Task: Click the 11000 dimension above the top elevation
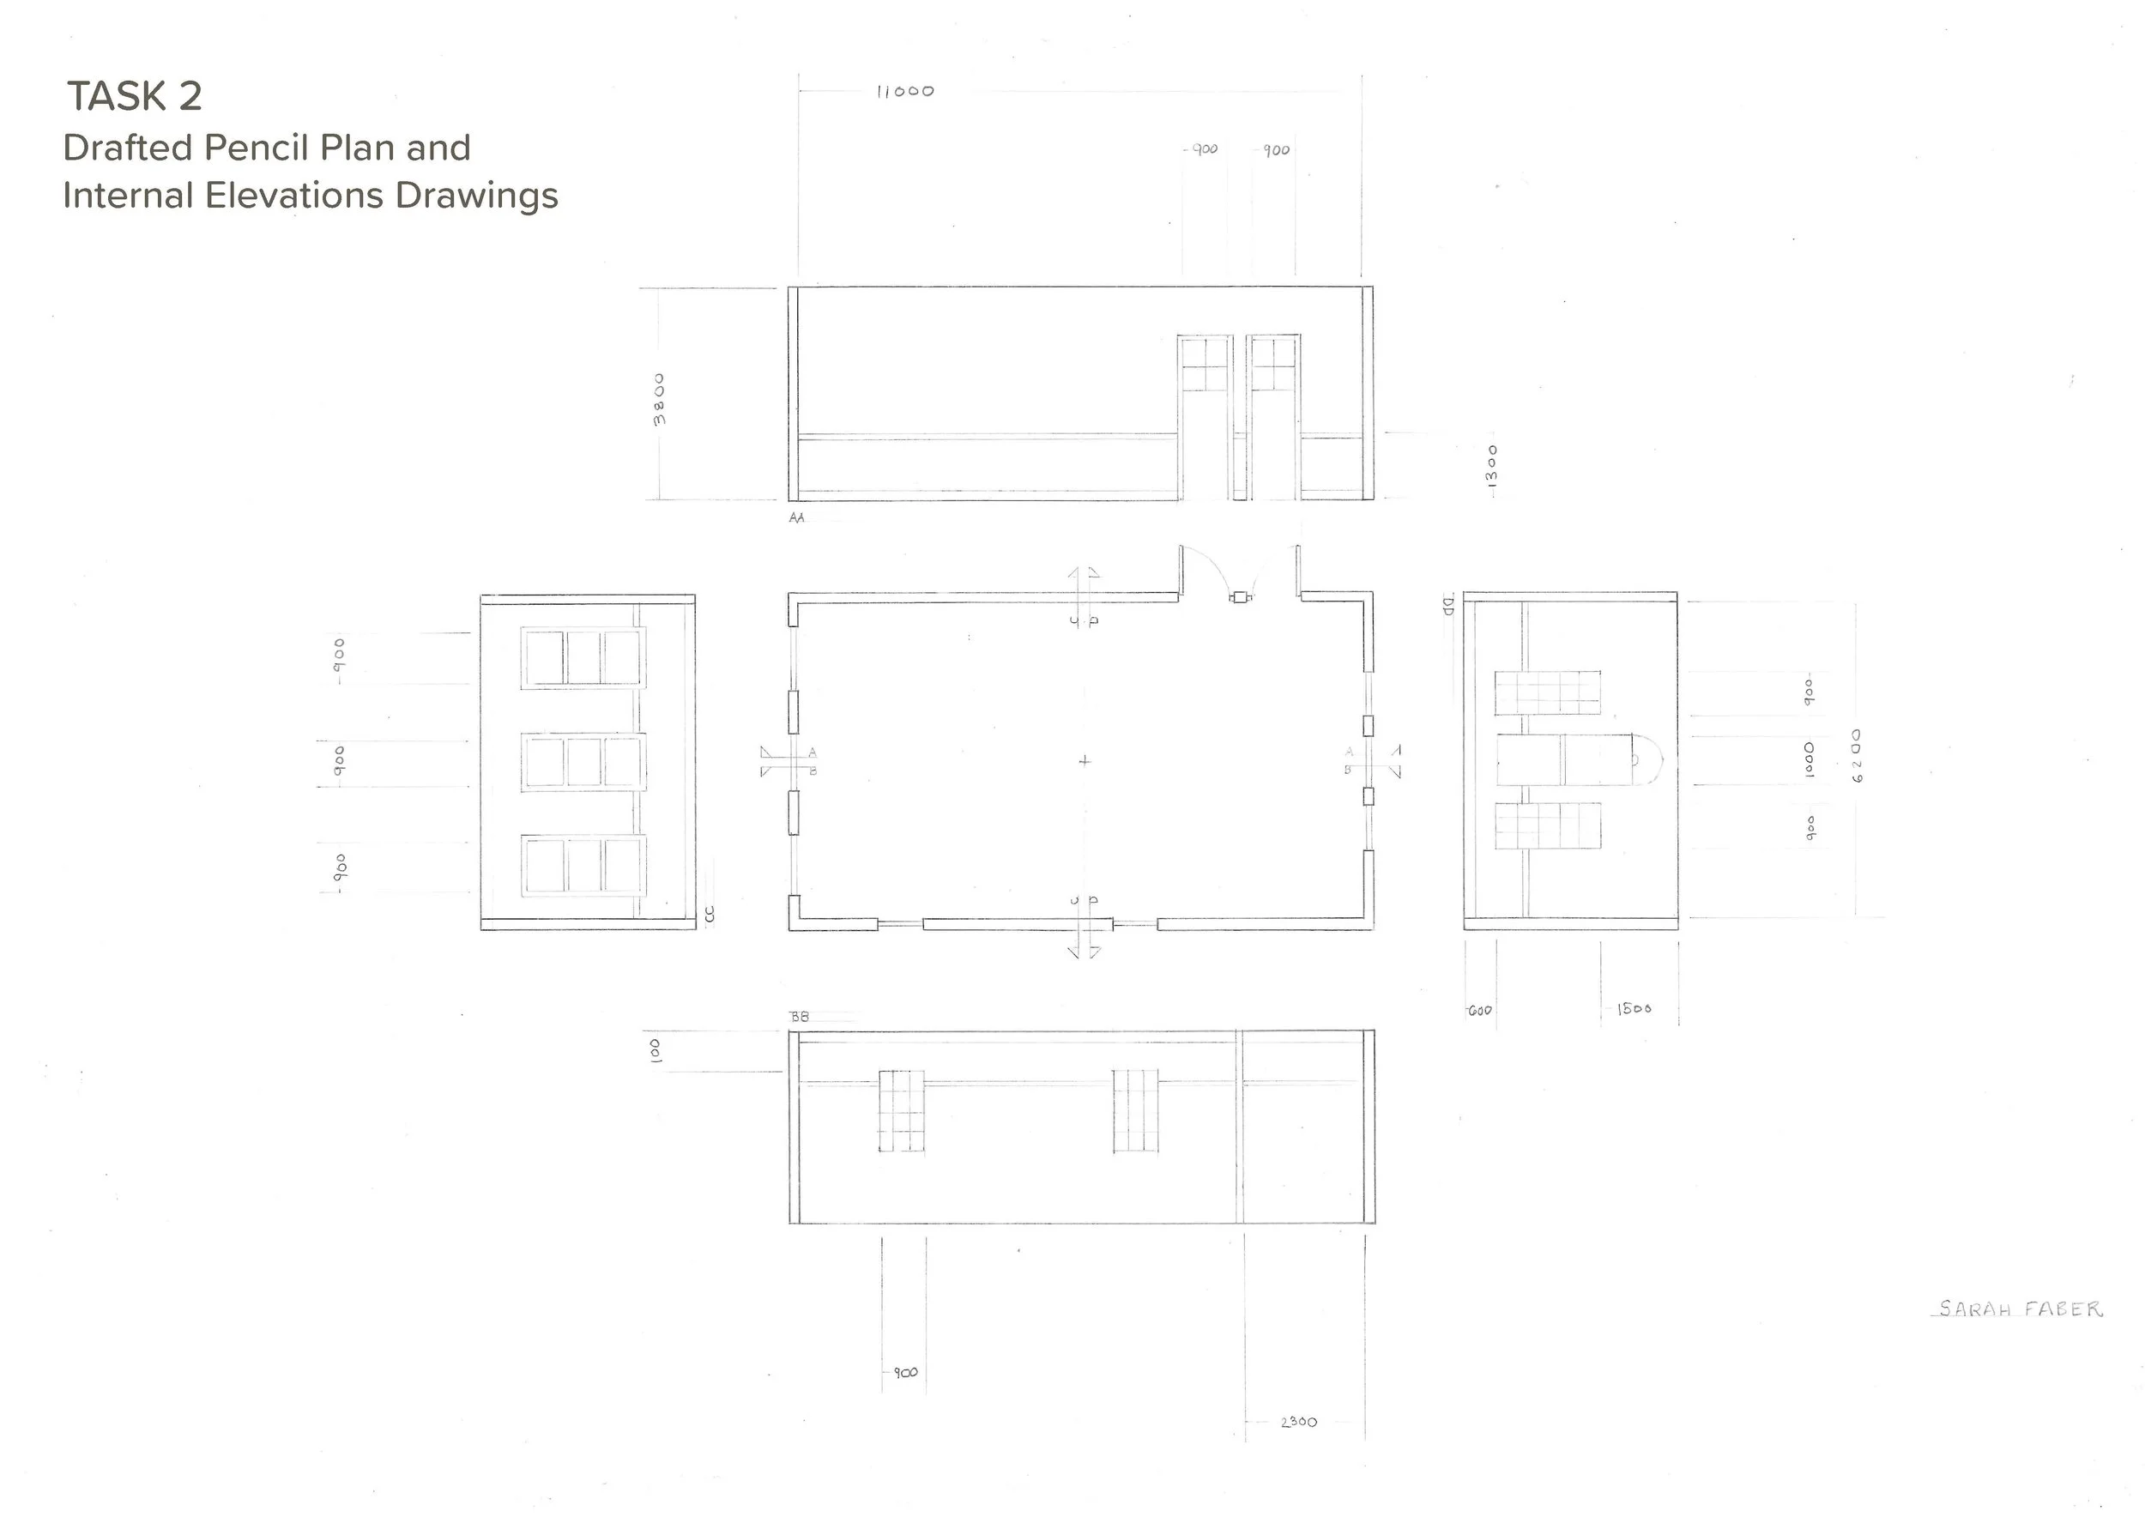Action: pos(904,92)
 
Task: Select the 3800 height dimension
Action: pos(660,399)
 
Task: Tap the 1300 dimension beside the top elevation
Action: pos(1491,465)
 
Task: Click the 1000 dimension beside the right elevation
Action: pos(1809,760)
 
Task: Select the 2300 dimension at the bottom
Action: pos(1299,1422)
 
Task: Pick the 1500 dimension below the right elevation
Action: pos(1634,1009)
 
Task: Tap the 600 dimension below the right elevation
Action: pos(1480,1011)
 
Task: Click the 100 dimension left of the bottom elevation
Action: pos(655,1050)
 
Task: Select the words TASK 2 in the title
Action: pos(135,96)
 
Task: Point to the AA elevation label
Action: pos(796,517)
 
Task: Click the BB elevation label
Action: pos(800,1018)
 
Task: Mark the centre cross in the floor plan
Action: pos(1084,761)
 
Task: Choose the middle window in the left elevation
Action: pos(583,762)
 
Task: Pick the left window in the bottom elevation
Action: pos(902,1110)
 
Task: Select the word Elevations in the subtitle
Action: pos(294,196)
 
